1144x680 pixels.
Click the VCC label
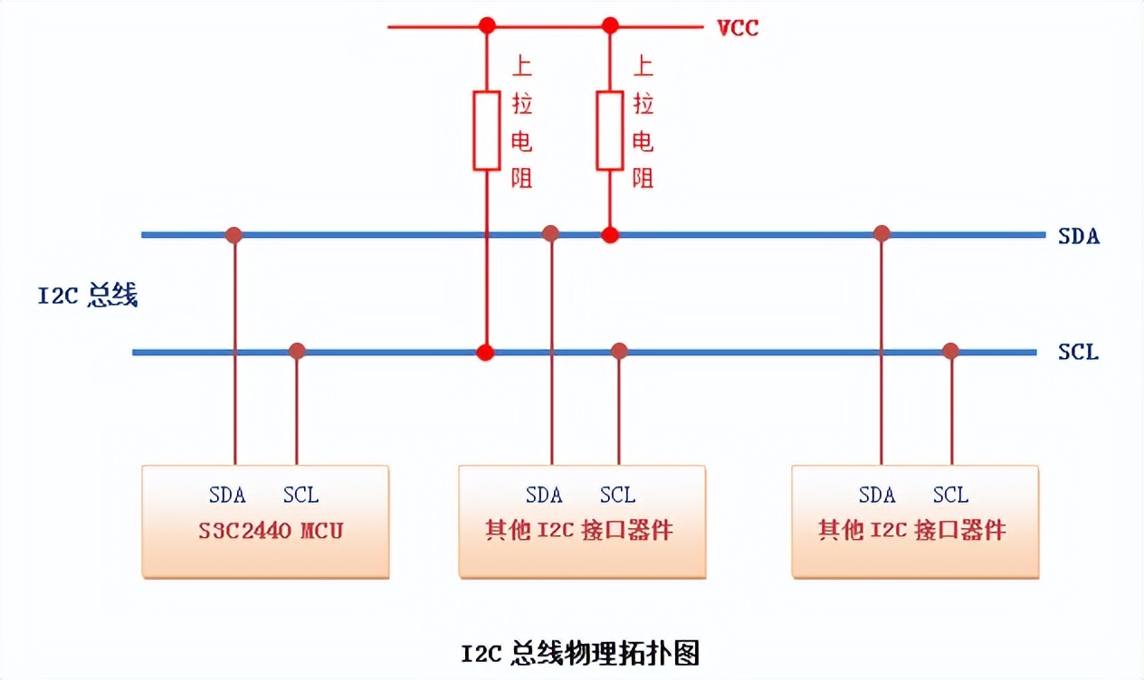(x=738, y=28)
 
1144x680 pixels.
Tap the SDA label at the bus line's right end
(x=1078, y=237)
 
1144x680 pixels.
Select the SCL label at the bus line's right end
(x=1078, y=352)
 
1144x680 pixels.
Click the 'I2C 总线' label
(x=87, y=297)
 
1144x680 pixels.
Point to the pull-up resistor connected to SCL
(x=487, y=130)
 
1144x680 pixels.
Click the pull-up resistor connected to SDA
(x=609, y=130)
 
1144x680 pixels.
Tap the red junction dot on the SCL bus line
(x=487, y=352)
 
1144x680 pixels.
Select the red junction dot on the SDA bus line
(x=610, y=235)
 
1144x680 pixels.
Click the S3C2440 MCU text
(x=271, y=530)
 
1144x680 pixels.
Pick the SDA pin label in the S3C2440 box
(x=227, y=496)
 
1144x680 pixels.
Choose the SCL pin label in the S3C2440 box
(x=300, y=496)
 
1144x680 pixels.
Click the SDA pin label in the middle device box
(x=544, y=496)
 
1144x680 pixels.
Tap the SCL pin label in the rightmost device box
(x=950, y=496)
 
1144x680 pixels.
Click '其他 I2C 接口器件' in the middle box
(x=579, y=530)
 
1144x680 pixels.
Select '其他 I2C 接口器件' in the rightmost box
(x=912, y=530)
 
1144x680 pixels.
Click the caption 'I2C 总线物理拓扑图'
(x=580, y=653)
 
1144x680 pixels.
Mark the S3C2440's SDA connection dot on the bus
(x=234, y=235)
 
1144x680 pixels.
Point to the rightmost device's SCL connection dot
(x=950, y=351)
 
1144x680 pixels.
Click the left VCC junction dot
(x=487, y=26)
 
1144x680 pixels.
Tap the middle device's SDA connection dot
(x=550, y=234)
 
